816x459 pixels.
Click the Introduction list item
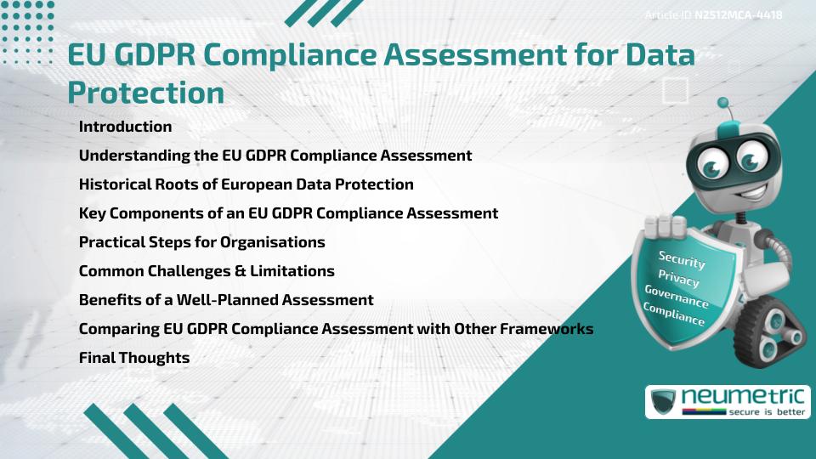pos(125,127)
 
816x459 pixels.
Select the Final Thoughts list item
pos(133,358)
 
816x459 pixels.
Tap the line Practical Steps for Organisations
pos(201,242)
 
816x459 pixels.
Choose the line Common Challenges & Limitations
pos(207,271)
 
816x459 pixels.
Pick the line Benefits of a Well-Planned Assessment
pos(226,300)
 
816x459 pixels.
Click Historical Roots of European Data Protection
pos(246,184)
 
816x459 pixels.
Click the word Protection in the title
pos(146,93)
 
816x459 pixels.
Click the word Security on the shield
pos(682,260)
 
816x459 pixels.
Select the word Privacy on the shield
pos(678,280)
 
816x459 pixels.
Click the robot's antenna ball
pos(723,103)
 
